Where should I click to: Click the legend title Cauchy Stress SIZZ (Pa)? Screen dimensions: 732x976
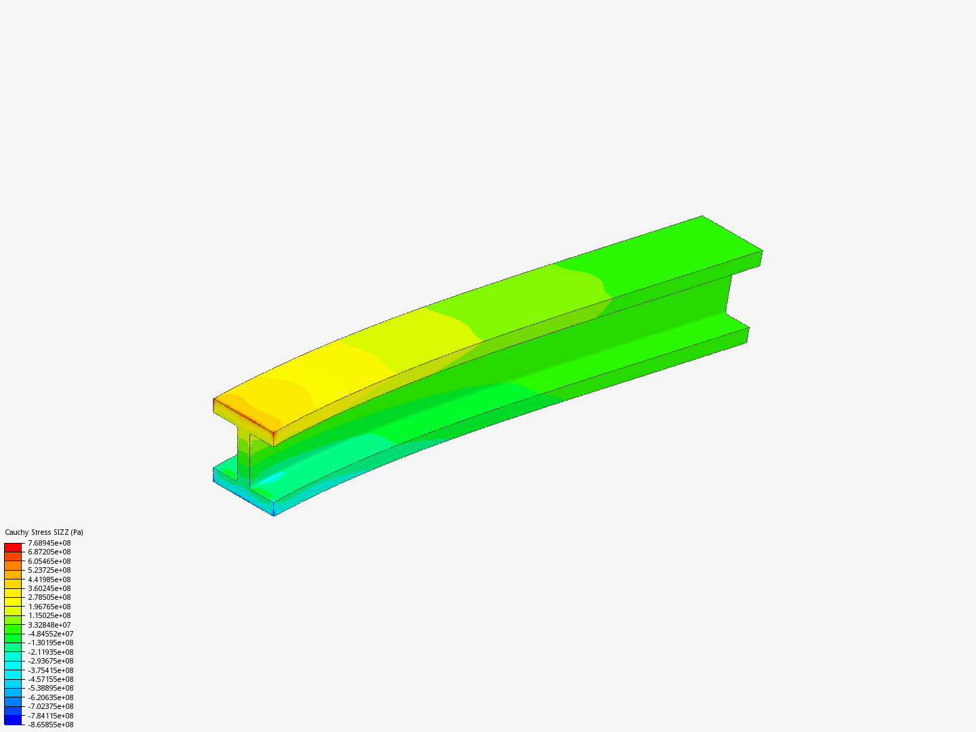click(44, 532)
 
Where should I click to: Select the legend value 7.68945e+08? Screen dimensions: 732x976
click(49, 543)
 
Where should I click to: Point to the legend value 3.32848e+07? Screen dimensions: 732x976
click(49, 625)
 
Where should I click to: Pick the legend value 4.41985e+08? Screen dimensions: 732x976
click(49, 579)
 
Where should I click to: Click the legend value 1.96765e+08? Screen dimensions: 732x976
click(49, 607)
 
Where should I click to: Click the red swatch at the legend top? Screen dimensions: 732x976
click(13, 547)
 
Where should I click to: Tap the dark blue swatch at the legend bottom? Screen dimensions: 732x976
click(13, 720)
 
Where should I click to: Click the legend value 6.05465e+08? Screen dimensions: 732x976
click(49, 561)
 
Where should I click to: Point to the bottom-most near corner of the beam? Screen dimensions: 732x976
click(274, 515)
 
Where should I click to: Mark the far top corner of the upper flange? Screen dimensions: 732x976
click(702, 217)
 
